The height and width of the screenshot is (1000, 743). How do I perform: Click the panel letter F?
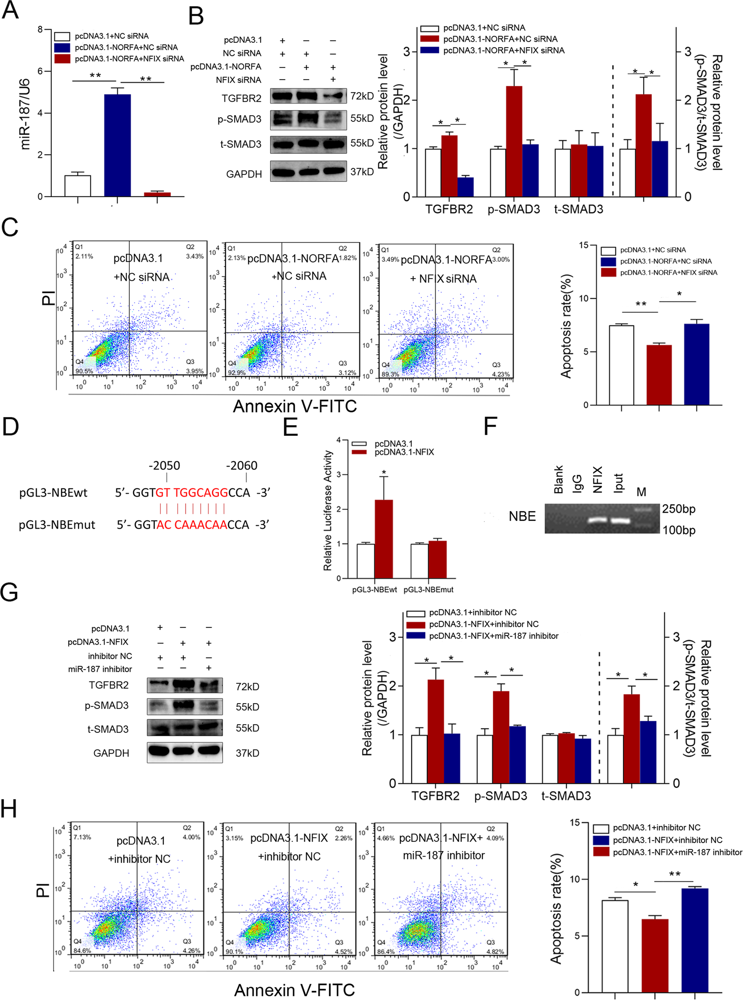(x=490, y=426)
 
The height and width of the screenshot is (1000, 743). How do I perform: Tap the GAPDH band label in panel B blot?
(x=244, y=174)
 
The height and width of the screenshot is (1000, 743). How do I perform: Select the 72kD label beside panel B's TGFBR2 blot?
(x=362, y=96)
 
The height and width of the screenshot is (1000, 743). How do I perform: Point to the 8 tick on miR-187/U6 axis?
(x=40, y=30)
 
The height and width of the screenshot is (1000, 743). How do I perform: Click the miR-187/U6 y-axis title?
(x=25, y=113)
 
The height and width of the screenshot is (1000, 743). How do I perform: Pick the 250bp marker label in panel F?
(x=678, y=509)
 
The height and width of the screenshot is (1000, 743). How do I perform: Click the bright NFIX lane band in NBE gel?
(x=598, y=520)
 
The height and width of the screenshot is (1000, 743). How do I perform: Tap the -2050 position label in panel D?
(x=165, y=466)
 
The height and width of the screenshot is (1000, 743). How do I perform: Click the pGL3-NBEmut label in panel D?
(x=57, y=525)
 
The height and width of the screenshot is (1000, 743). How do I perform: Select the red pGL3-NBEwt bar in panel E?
(x=383, y=539)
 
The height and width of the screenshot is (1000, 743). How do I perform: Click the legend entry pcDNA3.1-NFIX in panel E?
(x=404, y=452)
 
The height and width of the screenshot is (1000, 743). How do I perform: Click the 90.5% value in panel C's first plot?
(x=84, y=371)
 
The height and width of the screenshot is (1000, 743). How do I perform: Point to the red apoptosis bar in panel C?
(x=659, y=375)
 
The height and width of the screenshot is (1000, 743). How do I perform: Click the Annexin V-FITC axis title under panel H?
(x=295, y=990)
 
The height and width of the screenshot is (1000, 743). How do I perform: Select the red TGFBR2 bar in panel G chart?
(x=436, y=731)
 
